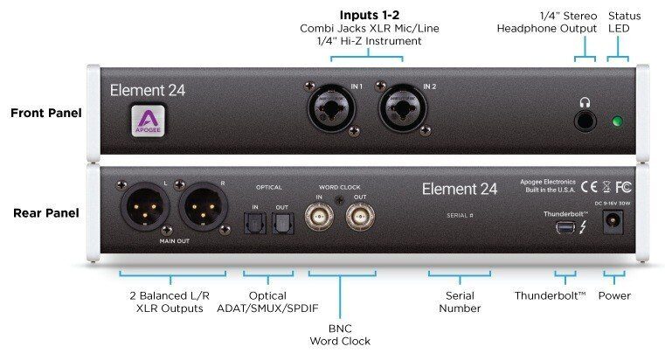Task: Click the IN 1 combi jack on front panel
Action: tap(329, 111)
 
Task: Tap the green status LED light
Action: tap(618, 121)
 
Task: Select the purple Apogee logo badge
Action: tap(147, 121)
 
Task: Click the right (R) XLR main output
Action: tap(203, 208)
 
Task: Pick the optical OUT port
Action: tap(282, 224)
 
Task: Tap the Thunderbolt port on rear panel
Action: tap(565, 227)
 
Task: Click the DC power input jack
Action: tap(614, 224)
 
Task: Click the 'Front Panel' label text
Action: tap(46, 113)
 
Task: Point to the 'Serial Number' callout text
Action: tap(460, 301)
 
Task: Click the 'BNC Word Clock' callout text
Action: tap(340, 334)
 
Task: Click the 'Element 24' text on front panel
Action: tap(147, 89)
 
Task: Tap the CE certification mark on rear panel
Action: tap(589, 185)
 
